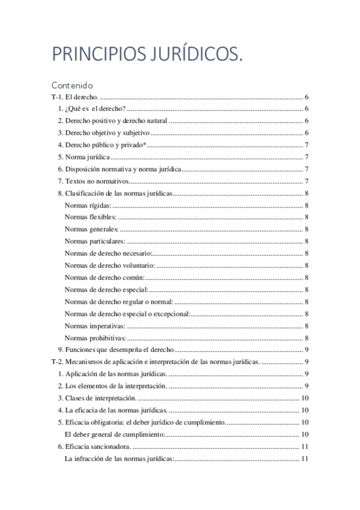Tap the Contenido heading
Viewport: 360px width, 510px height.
click(72, 85)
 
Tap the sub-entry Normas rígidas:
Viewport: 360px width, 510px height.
click(88, 205)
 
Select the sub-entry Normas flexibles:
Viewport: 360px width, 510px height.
click(91, 217)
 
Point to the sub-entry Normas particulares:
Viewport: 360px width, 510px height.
click(95, 241)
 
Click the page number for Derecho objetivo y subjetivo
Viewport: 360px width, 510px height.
click(307, 133)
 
